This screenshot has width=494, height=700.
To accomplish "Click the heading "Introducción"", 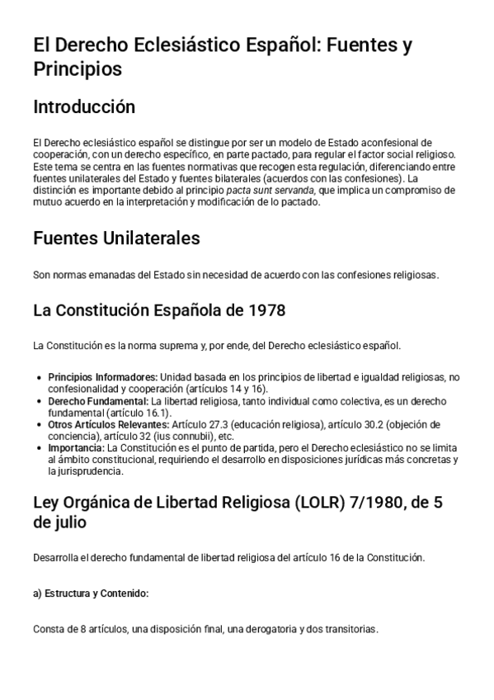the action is [x=83, y=107].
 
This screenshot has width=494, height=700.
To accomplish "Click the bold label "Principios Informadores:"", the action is [x=102, y=377].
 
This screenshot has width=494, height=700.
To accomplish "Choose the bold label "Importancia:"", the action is [x=77, y=447].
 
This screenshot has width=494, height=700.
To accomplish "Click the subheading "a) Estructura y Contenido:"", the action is [x=91, y=594].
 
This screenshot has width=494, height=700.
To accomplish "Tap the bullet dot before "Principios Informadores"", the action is [x=40, y=377].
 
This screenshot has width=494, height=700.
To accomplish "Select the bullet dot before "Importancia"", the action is [x=40, y=447].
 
